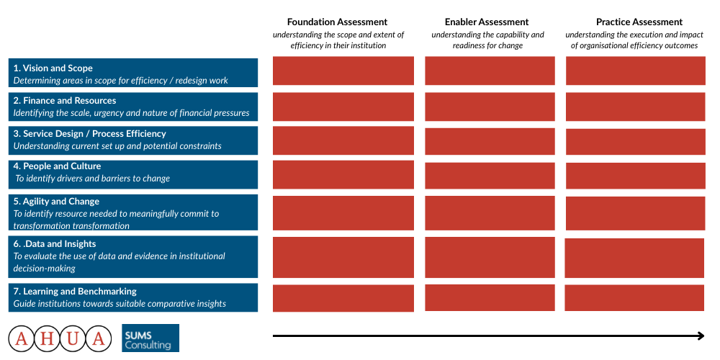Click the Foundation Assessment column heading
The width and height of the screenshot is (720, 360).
coord(337,22)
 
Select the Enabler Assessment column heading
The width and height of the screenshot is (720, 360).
coord(487,22)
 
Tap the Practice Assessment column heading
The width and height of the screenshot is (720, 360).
coord(639,22)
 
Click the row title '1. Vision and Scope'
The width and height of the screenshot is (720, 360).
coord(53,68)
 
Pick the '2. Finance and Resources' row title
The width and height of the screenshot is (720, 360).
coord(64,100)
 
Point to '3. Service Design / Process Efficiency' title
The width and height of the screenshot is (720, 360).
coord(89,134)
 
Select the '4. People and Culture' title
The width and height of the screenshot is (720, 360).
coord(57,166)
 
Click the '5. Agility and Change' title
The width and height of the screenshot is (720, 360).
coord(56,201)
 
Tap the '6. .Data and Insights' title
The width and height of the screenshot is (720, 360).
coord(54,244)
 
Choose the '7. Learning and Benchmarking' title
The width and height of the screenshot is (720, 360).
coord(75,291)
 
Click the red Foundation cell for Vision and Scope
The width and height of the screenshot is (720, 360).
coord(343,71)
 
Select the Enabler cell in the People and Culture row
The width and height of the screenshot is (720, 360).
coord(490,176)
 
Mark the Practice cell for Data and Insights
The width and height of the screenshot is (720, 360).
coord(634,258)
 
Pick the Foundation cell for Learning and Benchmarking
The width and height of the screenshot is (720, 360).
coord(343,299)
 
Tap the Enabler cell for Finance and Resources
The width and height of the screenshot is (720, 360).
coord(490,107)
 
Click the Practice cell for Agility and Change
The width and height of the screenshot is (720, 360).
coord(635,213)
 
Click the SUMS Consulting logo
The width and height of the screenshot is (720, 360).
coord(150,338)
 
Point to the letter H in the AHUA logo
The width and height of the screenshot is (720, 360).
coord(48,339)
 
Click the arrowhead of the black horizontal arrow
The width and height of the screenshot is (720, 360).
coord(701,336)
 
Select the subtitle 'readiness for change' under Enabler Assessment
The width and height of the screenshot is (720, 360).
coord(487,45)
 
